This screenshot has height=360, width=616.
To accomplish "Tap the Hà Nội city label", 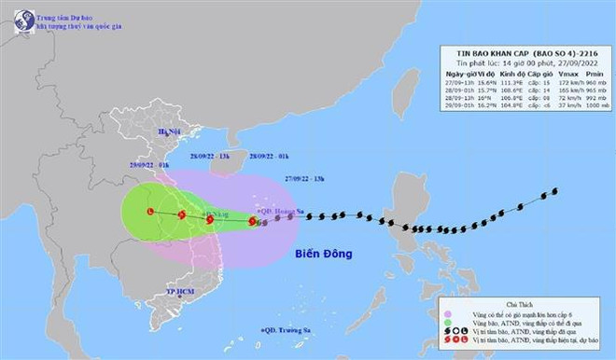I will click(168, 132).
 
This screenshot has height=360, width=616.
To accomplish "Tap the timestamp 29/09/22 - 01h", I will click(150, 163).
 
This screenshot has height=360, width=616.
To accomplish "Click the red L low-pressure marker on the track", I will click(150, 212).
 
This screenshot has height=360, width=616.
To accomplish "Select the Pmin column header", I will click(586, 71).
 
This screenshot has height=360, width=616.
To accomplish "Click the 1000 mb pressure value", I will click(586, 105).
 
